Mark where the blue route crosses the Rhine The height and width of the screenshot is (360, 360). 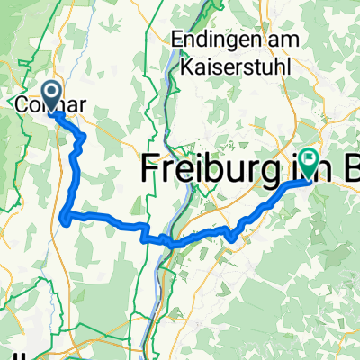[167, 242]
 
